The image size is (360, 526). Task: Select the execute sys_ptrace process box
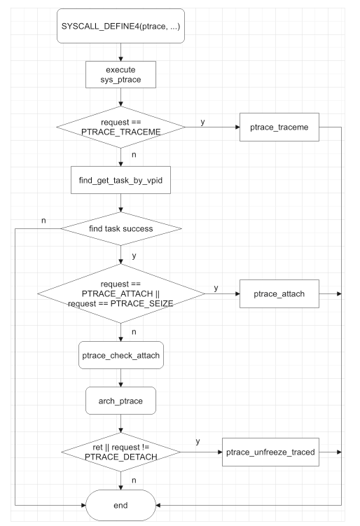tap(122, 76)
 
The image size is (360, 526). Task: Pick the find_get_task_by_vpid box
tap(122, 180)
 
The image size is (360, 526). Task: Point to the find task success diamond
tap(122, 229)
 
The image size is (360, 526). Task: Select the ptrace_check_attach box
tap(122, 355)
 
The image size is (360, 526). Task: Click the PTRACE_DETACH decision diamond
tap(122, 452)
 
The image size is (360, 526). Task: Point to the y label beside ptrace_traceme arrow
tap(203, 121)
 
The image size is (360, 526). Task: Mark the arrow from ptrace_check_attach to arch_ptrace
tap(122, 379)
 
